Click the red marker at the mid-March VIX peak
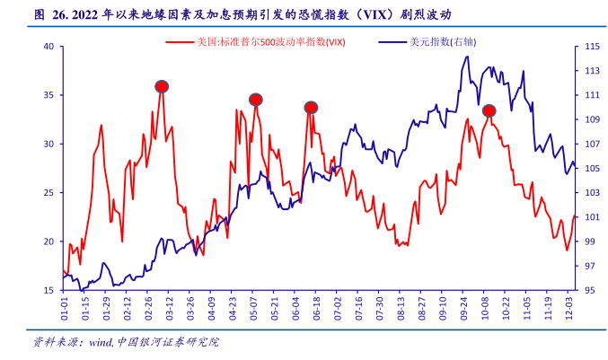pos(162,86)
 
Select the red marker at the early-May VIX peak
pos(256,100)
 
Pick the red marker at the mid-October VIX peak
pos(489,110)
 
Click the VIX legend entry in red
pos(260,42)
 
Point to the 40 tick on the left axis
pos(49,46)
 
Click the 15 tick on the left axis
pos(49,291)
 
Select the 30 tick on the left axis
pos(49,144)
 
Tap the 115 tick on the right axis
pos(592,46)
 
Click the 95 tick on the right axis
pos(592,291)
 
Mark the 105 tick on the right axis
pos(592,169)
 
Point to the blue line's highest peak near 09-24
pos(467,57)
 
